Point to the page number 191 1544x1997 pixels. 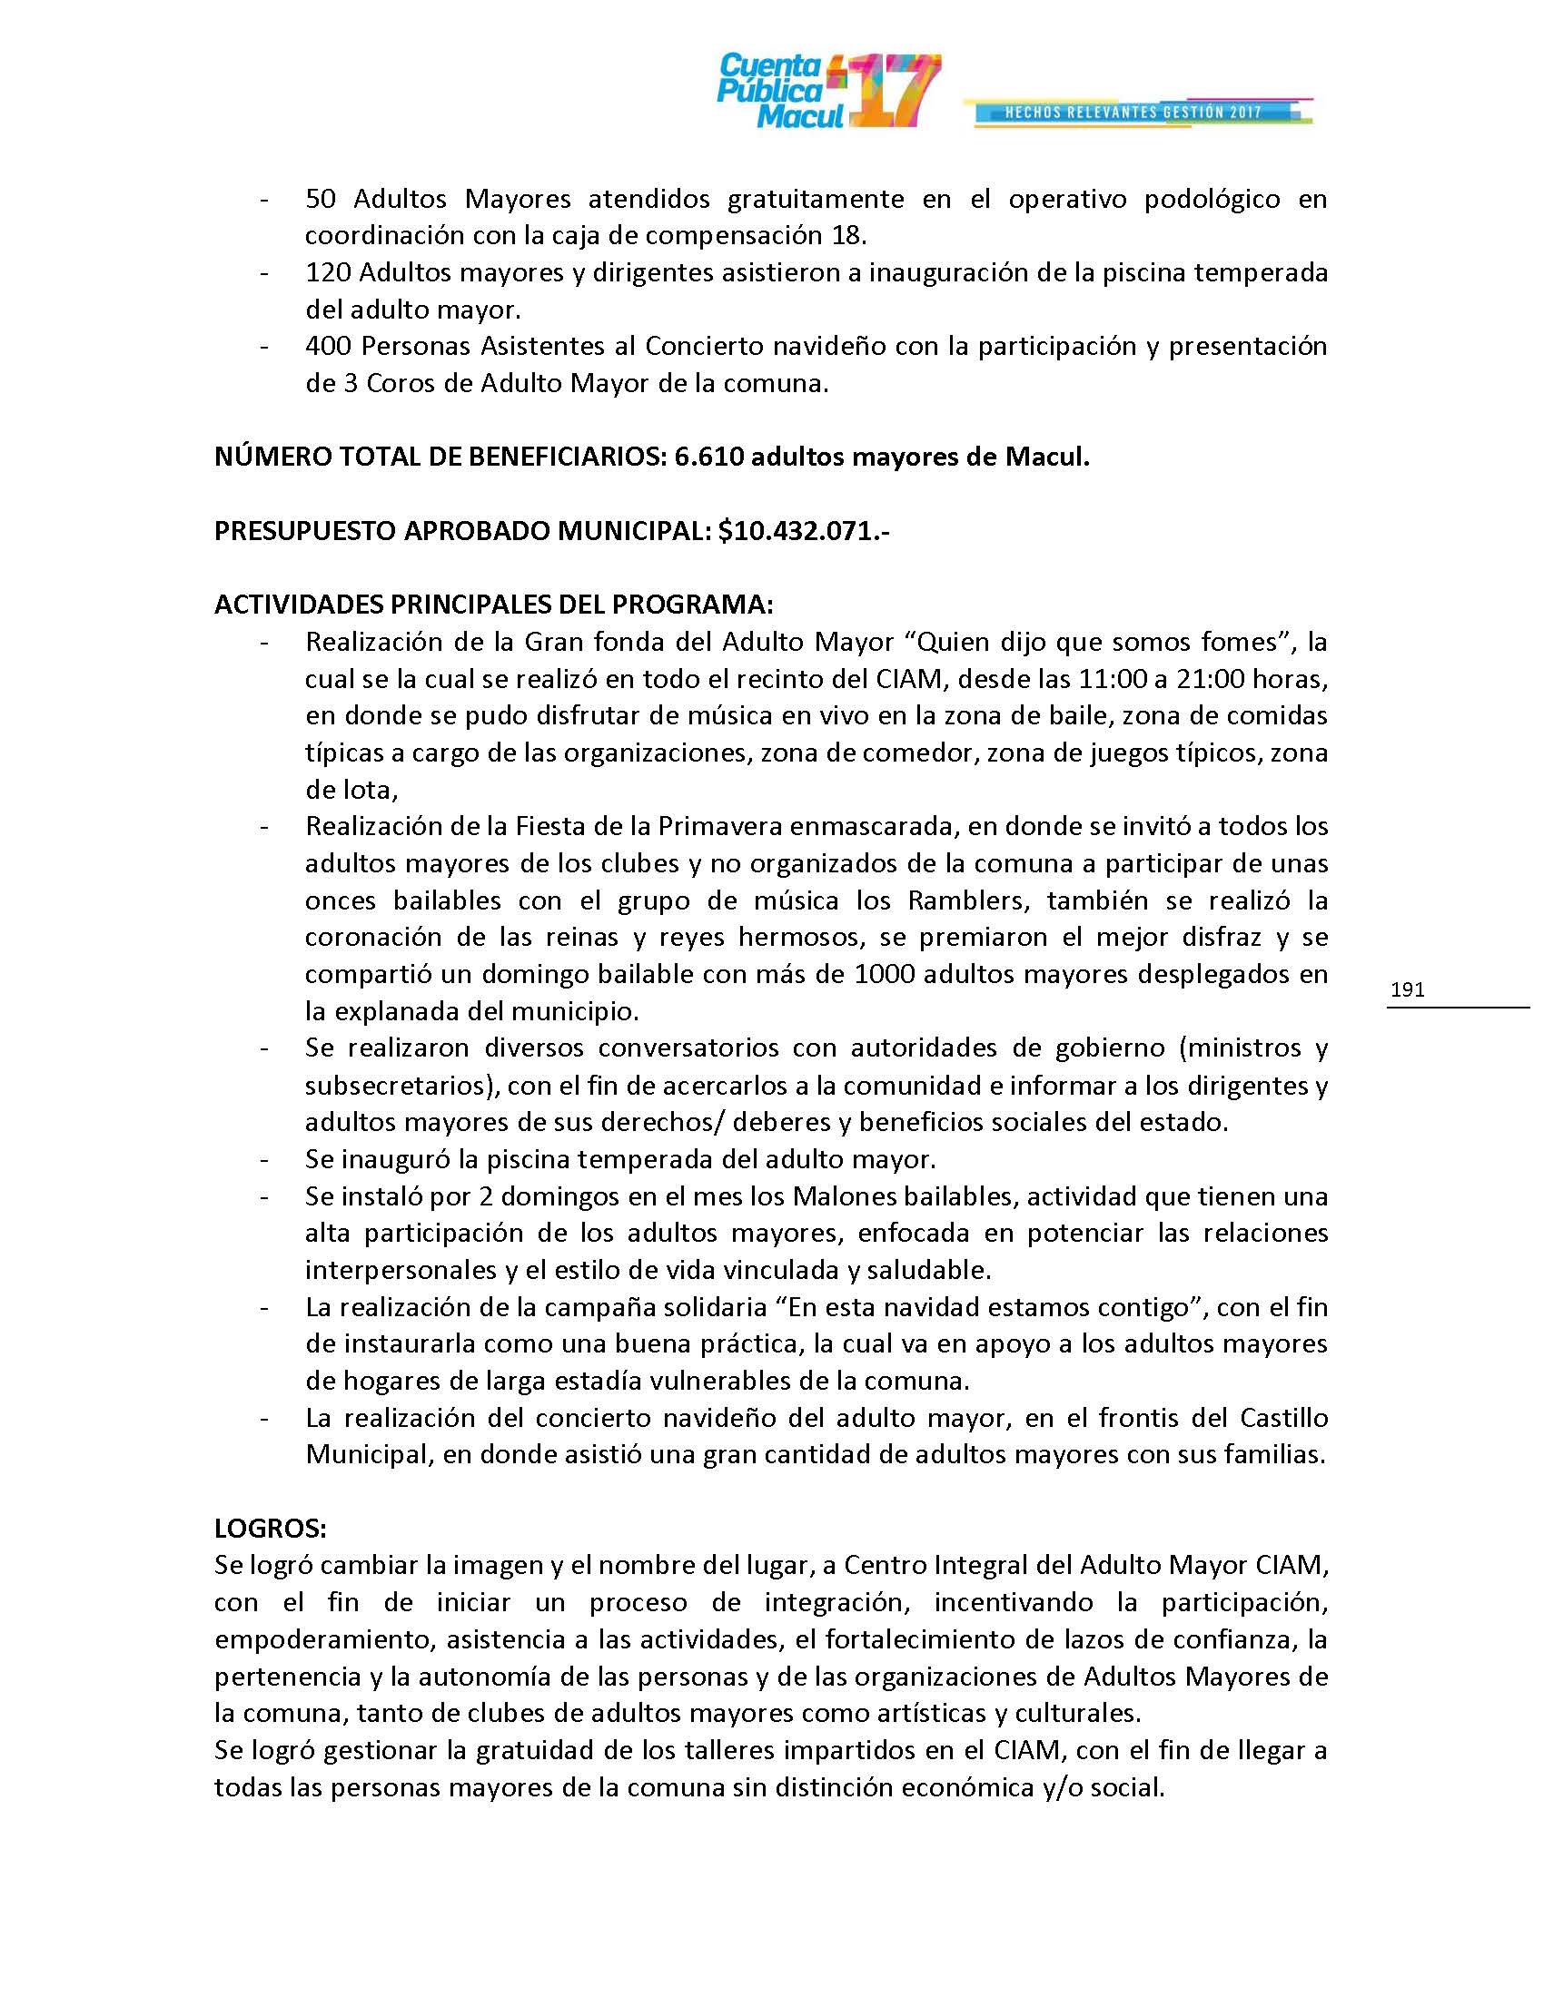[x=1407, y=989]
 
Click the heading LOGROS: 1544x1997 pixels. [x=271, y=1528]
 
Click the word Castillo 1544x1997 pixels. [x=1283, y=1418]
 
